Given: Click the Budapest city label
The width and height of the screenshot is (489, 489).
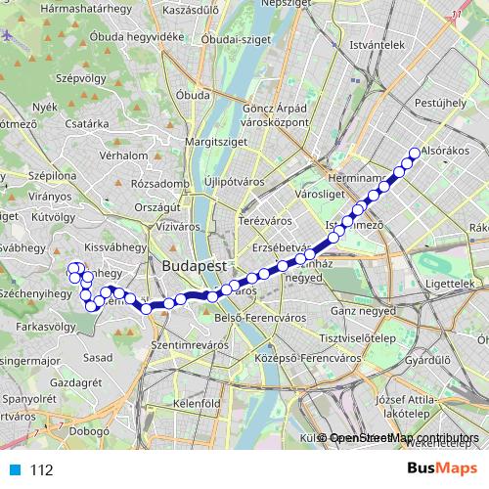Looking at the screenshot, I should (195, 265).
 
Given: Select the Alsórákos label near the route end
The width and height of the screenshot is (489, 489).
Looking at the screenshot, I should (439, 152).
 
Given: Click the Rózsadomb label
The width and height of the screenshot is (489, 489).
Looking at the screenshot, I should (159, 183).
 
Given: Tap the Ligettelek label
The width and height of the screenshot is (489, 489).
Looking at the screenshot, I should (449, 282).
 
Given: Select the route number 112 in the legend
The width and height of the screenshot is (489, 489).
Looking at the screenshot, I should (40, 469).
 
